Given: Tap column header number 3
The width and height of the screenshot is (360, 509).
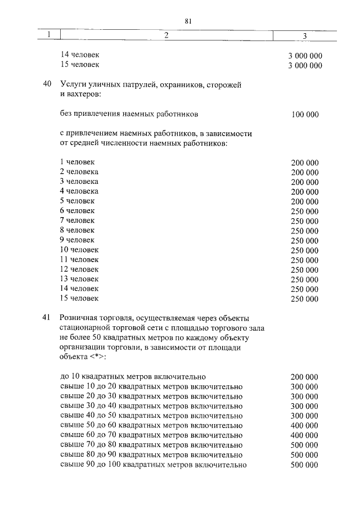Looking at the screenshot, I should [x=304, y=36].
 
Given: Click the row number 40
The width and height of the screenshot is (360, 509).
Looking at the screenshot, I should [x=47, y=84].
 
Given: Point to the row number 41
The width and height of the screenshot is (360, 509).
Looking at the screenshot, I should [x=47, y=318].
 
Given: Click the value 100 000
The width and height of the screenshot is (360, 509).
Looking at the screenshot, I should [x=305, y=115].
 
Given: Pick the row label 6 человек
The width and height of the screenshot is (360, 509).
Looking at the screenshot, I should [x=77, y=210].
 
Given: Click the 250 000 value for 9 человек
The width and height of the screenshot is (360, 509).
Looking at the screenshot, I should [x=305, y=240].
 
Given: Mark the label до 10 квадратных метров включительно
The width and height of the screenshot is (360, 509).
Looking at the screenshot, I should [x=133, y=376].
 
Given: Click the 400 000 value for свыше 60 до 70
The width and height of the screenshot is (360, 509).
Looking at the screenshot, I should [x=305, y=435].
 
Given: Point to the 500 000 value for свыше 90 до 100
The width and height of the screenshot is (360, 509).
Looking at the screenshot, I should [x=305, y=465].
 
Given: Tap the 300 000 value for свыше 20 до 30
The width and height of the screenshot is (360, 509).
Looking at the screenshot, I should [x=305, y=397].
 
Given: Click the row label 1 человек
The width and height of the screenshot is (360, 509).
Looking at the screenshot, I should [x=77, y=163].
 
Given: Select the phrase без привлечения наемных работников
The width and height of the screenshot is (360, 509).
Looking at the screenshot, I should [x=129, y=114].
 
